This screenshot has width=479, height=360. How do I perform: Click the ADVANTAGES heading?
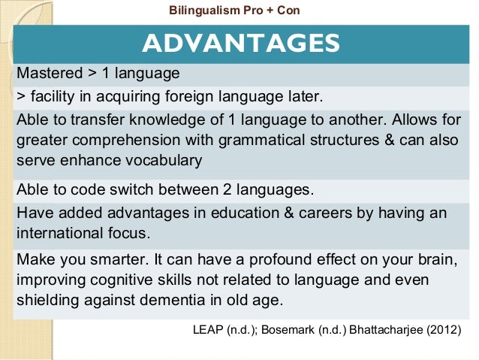click(241, 43)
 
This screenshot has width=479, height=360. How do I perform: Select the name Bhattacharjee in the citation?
click(382, 331)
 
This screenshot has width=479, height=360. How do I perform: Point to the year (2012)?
click(442, 331)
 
